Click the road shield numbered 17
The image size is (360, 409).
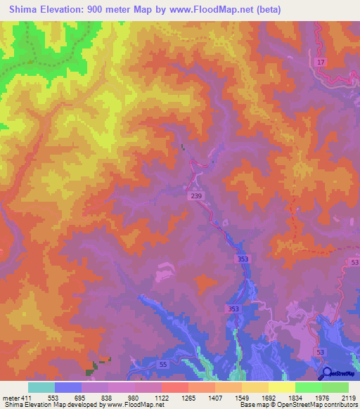coord(321,63)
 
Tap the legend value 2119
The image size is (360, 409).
coord(348,396)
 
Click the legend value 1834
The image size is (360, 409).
coord(295,396)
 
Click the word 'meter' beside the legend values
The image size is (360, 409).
coord(10,396)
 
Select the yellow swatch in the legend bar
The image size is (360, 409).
coord(281,387)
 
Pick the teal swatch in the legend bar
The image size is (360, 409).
coord(41,387)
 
